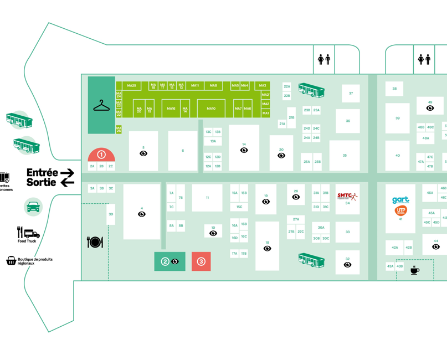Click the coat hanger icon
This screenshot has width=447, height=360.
[x=101, y=105]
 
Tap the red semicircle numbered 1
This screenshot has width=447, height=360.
[x=101, y=155]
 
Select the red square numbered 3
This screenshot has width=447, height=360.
[x=201, y=261]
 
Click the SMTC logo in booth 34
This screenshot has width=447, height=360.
[x=347, y=196]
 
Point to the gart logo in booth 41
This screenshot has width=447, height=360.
[x=400, y=200]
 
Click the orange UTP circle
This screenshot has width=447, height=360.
[x=400, y=210]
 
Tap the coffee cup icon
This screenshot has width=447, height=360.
[x=414, y=270]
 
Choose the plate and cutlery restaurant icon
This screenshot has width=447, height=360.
[x=95, y=242]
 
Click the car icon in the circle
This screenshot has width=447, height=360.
[x=33, y=207]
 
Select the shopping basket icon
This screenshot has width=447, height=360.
[x=11, y=260]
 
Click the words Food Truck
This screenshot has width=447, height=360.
[x=27, y=241]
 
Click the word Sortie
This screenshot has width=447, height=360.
[x=42, y=182]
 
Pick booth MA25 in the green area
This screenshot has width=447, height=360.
[x=131, y=86]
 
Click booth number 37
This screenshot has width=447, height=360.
[x=351, y=93]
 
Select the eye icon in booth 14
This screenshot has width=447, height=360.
[x=244, y=150]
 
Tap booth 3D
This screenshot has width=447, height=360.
[x=111, y=214]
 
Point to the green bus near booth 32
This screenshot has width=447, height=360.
[x=311, y=259]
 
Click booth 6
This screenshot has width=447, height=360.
[x=183, y=151]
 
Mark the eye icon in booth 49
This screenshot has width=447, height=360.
[x=430, y=108]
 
